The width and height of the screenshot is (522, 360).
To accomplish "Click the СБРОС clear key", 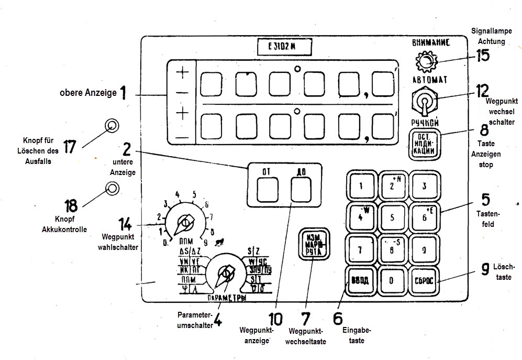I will coord(424,279).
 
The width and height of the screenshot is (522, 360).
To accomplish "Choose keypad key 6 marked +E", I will coord(424,217).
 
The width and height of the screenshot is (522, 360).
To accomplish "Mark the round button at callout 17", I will coord(111,125).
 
